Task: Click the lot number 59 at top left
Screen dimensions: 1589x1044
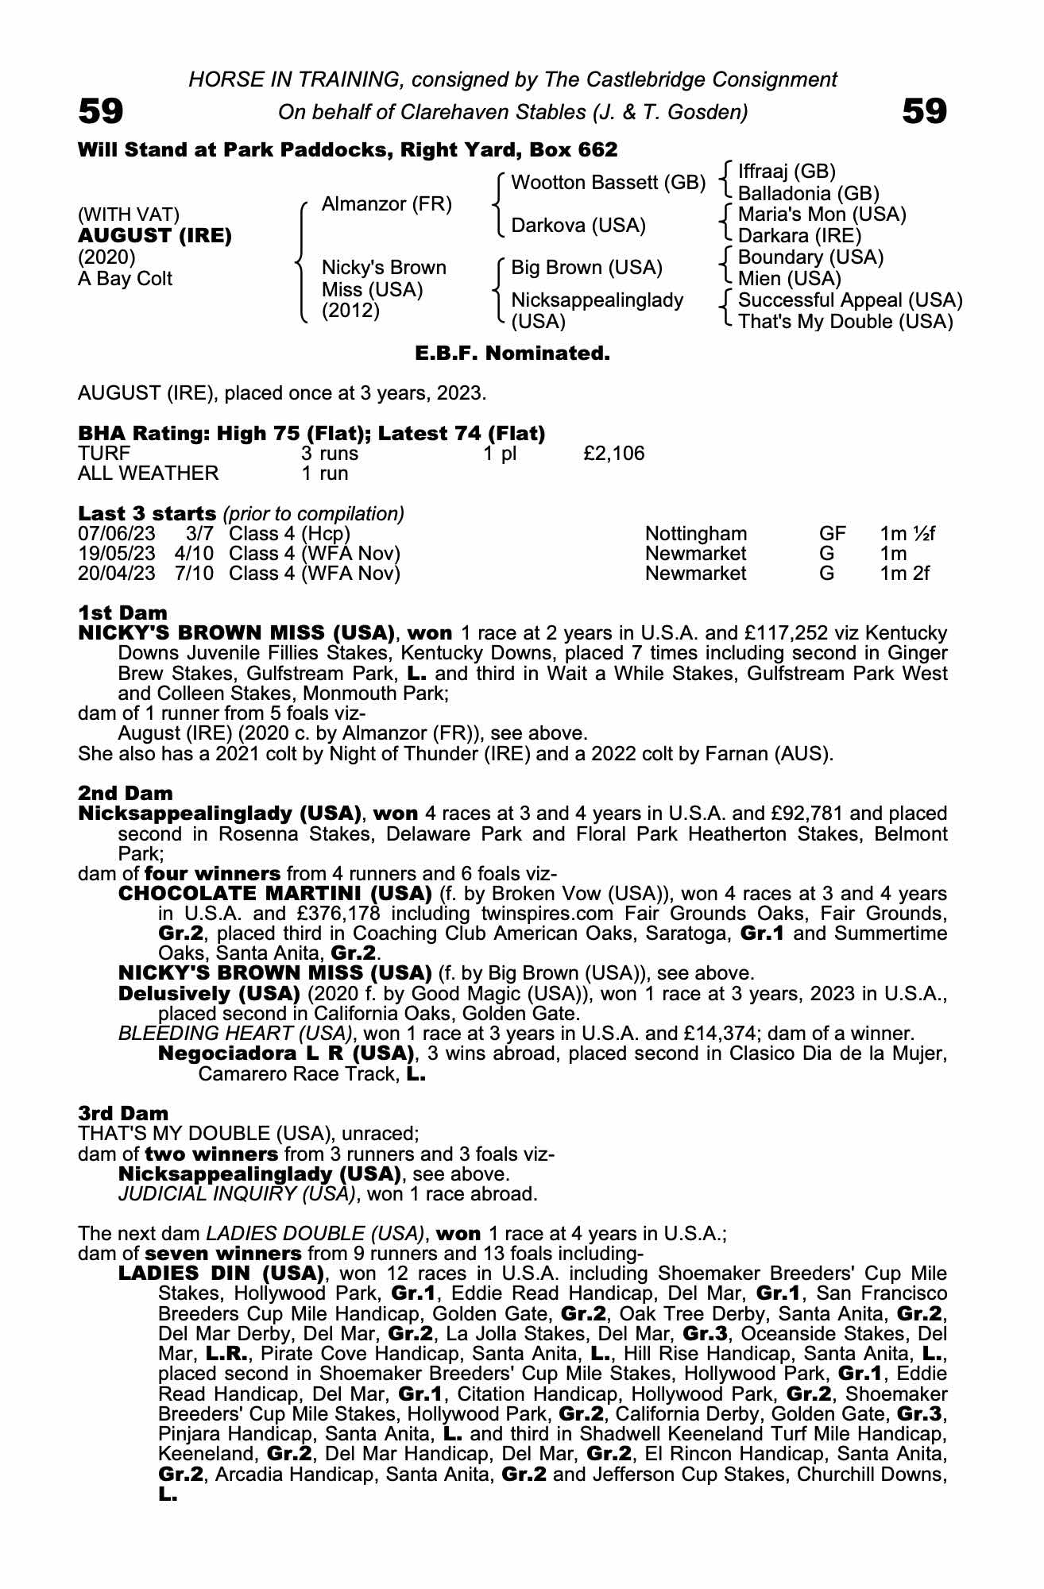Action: click(x=101, y=112)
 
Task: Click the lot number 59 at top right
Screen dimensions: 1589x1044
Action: click(x=925, y=112)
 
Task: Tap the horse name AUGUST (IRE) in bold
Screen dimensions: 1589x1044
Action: click(x=155, y=236)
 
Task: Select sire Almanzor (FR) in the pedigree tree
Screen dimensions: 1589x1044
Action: click(x=386, y=204)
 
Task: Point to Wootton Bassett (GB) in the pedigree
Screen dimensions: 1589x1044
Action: click(x=608, y=183)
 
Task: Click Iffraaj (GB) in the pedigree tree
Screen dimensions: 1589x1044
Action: click(x=787, y=172)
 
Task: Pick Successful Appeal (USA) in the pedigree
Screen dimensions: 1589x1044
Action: click(x=850, y=300)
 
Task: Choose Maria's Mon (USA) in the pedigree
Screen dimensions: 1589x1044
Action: click(x=822, y=215)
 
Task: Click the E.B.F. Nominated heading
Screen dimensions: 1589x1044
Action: click(x=512, y=354)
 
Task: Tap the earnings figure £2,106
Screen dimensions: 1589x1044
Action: click(x=613, y=454)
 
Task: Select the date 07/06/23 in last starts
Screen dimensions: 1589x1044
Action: click(x=117, y=533)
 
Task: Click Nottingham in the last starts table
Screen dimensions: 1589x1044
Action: click(x=696, y=533)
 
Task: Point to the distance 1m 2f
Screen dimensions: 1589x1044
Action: click(x=904, y=573)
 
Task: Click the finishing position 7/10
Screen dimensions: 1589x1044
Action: click(x=194, y=573)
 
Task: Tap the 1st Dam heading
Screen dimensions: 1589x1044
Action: click(x=123, y=613)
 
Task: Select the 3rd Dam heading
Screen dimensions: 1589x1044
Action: click(x=123, y=1114)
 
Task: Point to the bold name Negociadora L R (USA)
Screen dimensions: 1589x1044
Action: click(x=287, y=1054)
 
